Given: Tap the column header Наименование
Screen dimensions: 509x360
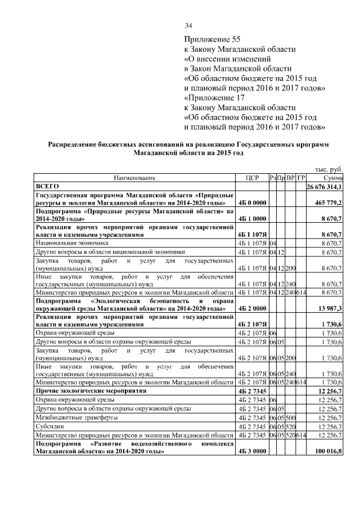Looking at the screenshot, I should coord(134,178).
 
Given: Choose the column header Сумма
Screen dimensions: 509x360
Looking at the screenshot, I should coord(332,178).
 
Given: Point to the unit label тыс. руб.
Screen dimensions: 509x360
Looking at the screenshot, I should coord(328,170).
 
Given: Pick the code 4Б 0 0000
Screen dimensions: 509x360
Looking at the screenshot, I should coord(251,202).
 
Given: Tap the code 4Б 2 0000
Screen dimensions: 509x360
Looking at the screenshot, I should coord(251,309).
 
